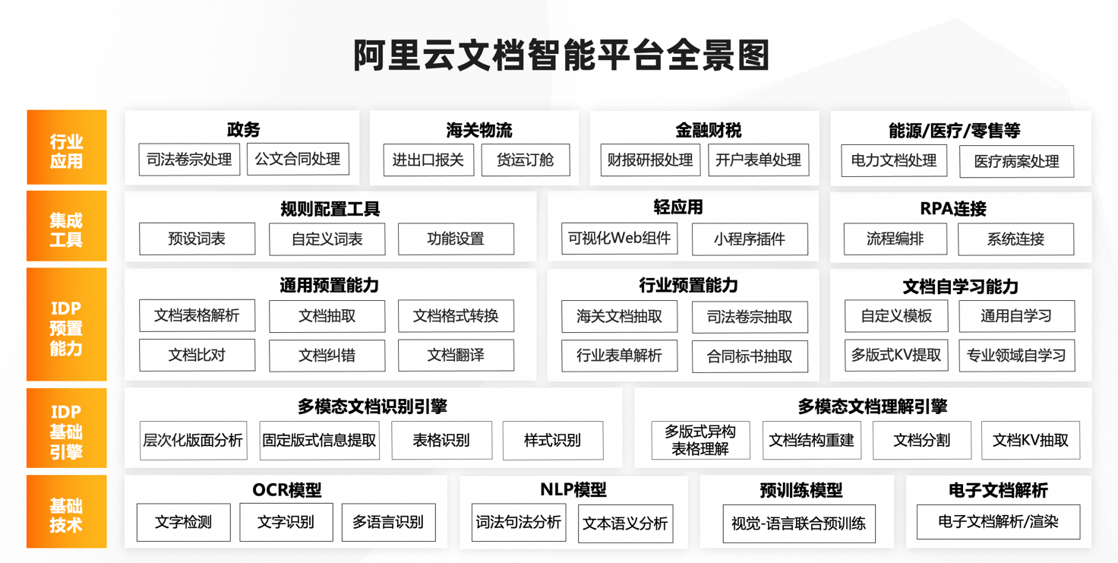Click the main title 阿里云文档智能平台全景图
point(561,55)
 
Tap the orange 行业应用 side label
point(66,147)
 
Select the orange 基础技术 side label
point(66,511)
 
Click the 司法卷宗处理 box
point(189,160)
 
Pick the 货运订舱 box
point(526,160)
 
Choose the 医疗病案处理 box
point(1017,161)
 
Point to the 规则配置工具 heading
point(330,209)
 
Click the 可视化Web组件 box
point(620,239)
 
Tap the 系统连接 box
point(1015,239)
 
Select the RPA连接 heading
point(953,209)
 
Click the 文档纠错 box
point(327,356)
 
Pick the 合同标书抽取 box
point(750,356)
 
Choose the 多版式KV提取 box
point(896,356)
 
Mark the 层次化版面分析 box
point(193,440)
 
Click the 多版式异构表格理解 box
point(700,440)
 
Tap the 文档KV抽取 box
point(1030,440)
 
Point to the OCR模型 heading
point(287,490)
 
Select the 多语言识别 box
point(388,523)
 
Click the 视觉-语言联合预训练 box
point(798,523)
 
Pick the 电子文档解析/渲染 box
point(998,522)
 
